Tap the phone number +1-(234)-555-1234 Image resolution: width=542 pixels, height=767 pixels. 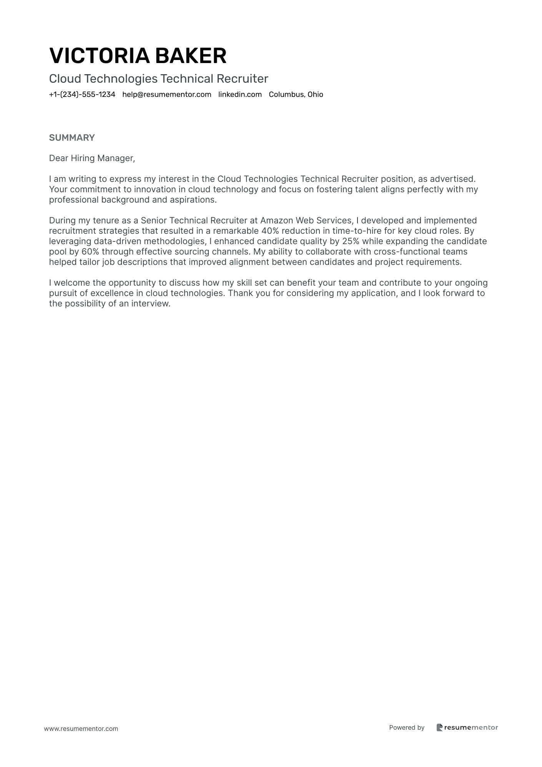82,95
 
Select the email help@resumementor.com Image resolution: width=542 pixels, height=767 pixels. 167,95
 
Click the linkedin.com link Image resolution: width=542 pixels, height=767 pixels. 240,95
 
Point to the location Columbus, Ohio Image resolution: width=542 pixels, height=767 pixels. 296,95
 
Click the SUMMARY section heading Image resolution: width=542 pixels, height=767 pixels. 72,138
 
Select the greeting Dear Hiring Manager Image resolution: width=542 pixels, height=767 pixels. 92,158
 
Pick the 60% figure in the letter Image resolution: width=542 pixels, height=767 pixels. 90,252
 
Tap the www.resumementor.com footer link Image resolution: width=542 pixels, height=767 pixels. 81,729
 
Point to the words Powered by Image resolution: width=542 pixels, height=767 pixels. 407,727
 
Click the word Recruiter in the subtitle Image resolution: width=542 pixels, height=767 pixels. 242,79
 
